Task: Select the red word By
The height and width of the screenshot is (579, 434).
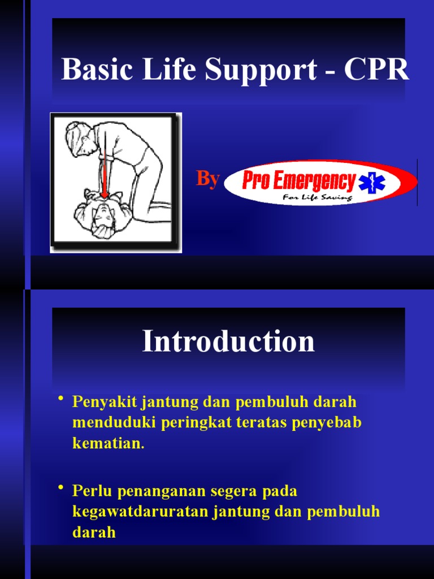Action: pyautogui.click(x=207, y=179)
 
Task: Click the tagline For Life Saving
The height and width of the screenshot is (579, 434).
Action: pyautogui.click(x=318, y=198)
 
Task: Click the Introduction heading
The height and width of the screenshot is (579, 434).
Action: pyautogui.click(x=228, y=342)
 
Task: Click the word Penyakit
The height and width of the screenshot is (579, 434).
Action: pyautogui.click(x=105, y=403)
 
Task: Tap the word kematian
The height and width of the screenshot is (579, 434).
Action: pyautogui.click(x=108, y=443)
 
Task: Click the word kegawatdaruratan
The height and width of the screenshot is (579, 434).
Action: pyautogui.click(x=141, y=512)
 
